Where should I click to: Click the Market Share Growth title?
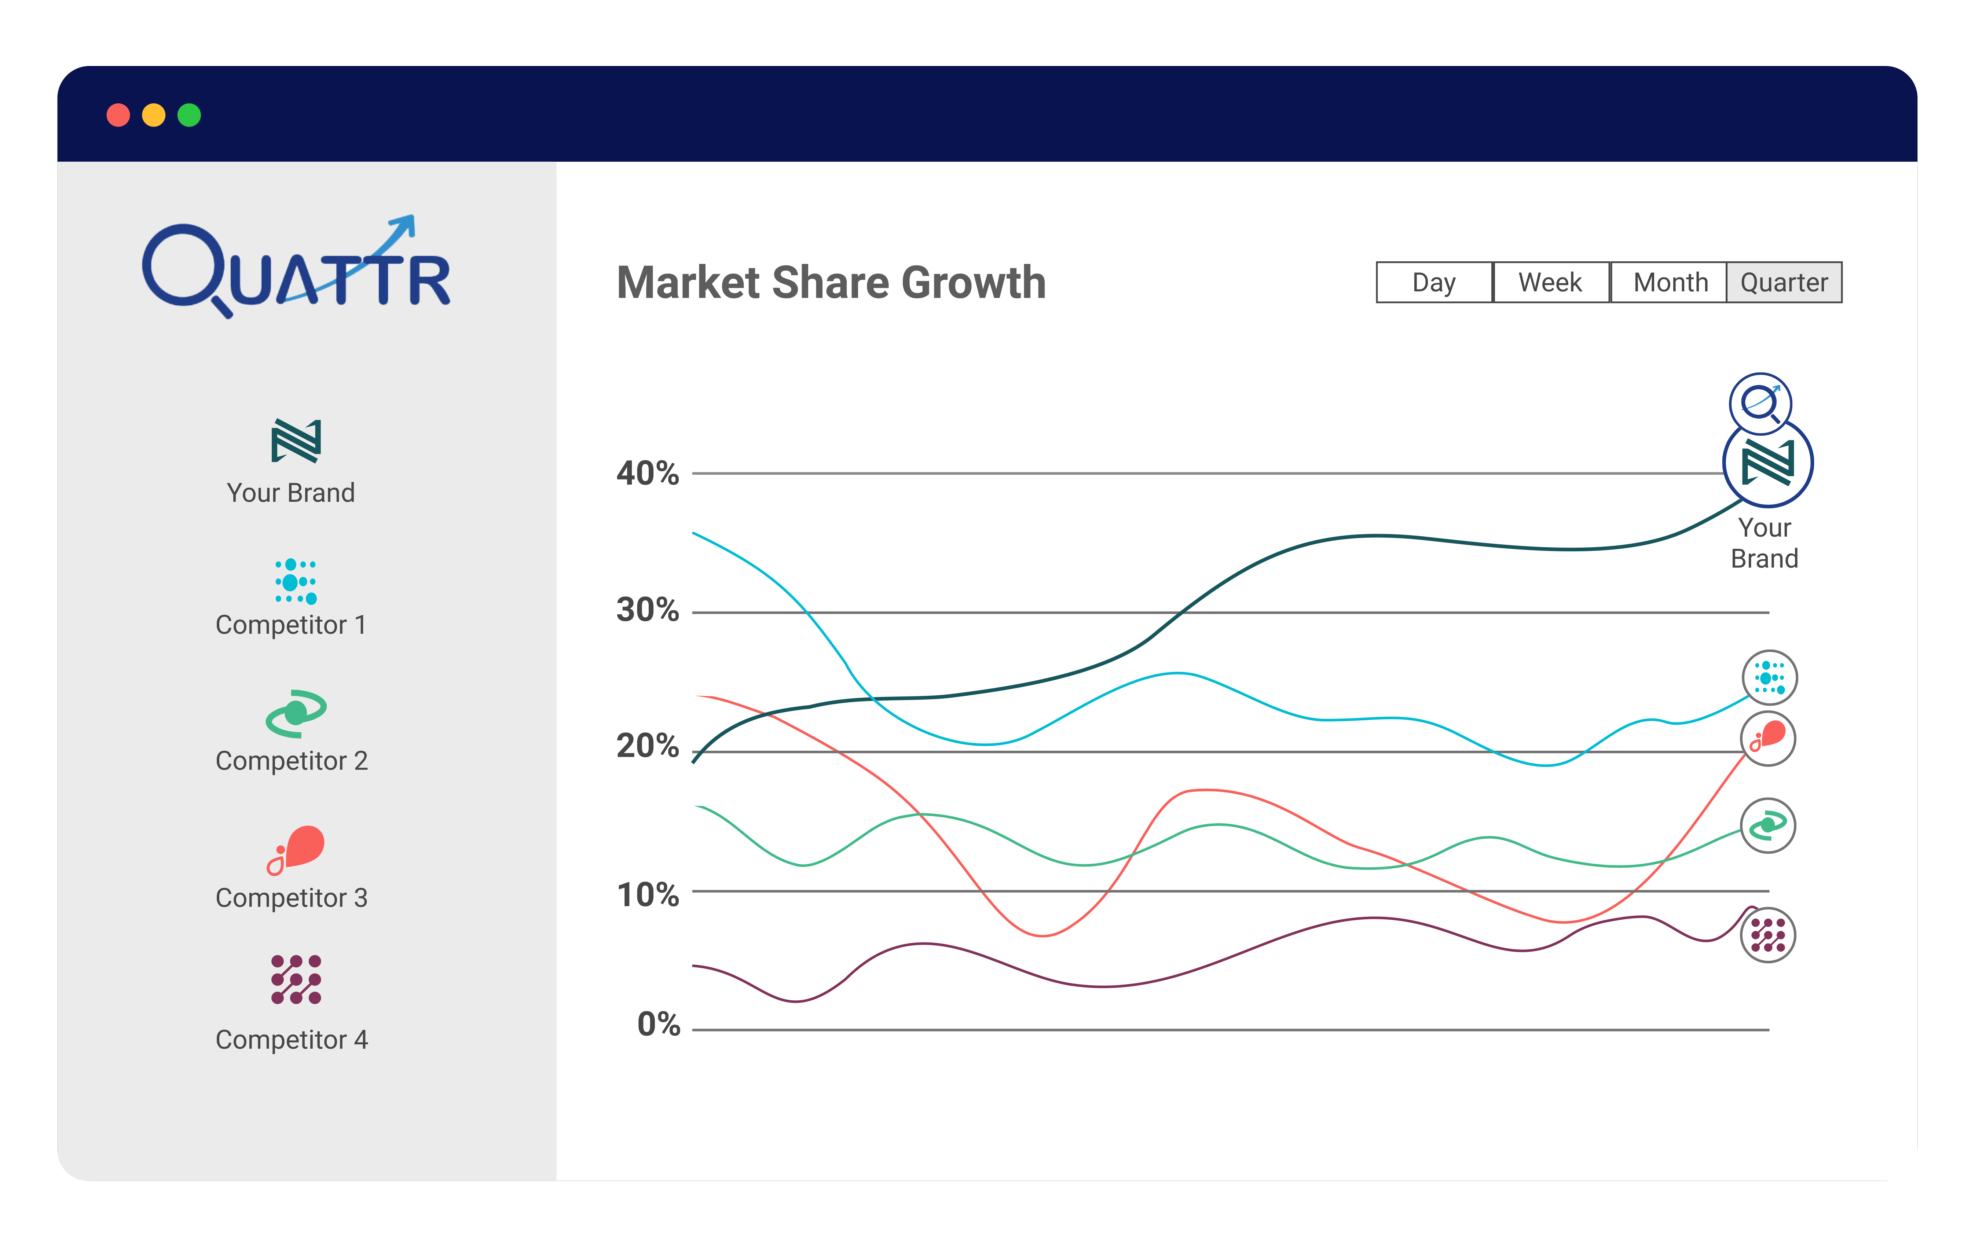click(831, 283)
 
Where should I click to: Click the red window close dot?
click(118, 115)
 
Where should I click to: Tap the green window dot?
click(190, 115)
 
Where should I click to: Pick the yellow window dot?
click(153, 115)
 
